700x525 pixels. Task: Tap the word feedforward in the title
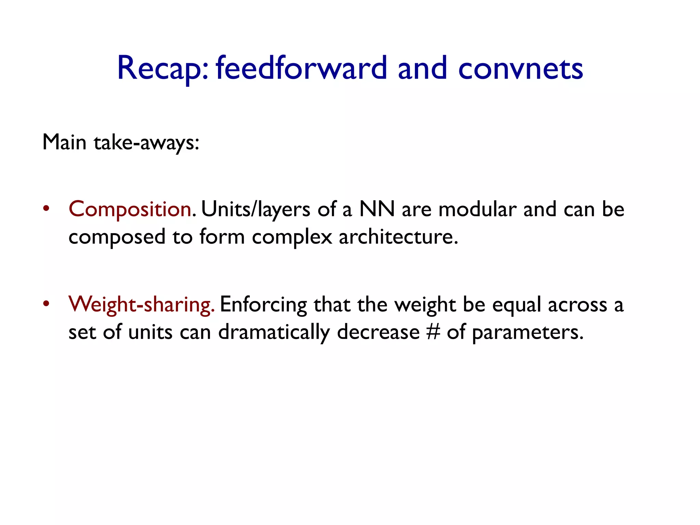pos(301,68)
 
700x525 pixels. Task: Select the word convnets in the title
pos(520,68)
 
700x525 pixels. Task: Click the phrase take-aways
pos(146,142)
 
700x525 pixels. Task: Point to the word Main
pos(64,142)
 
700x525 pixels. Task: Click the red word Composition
pos(130,209)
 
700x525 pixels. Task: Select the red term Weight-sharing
pos(141,304)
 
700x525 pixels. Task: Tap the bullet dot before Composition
pos(46,208)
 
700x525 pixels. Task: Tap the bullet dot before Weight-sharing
pos(46,303)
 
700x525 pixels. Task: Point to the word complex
pos(292,237)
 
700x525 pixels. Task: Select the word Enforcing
pos(263,304)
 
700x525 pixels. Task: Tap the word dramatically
pos(274,332)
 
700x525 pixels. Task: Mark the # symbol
pos(433,332)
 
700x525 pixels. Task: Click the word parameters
pos(527,332)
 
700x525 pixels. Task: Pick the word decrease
pos(378,332)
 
